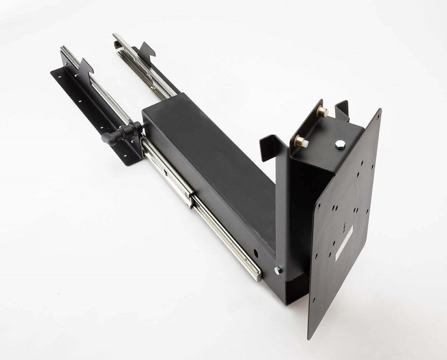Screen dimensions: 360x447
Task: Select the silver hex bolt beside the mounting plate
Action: click(340, 144)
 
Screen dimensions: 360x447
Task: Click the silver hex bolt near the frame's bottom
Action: click(278, 270)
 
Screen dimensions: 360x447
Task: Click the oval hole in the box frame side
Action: click(256, 253)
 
